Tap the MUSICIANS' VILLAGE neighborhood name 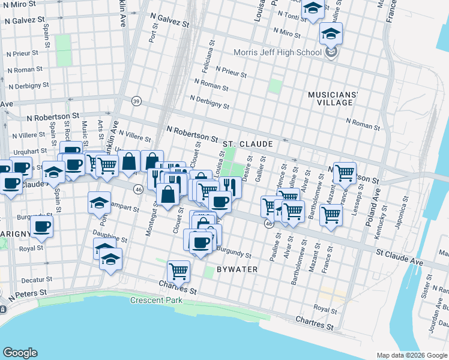pos(333,99)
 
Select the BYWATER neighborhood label pos(237,269)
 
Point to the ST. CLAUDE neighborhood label pos(247,145)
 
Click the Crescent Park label pos(157,299)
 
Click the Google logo pos(20,353)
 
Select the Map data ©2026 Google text pos(411,355)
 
